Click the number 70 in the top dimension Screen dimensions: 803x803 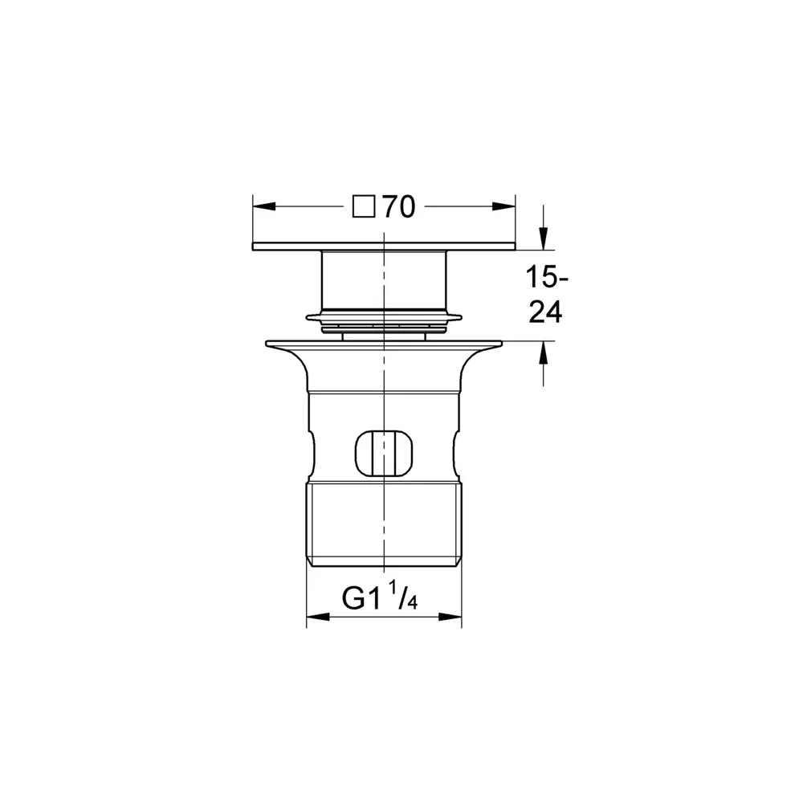point(399,207)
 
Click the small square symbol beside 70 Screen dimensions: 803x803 point(364,207)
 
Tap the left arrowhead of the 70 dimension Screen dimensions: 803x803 point(264,206)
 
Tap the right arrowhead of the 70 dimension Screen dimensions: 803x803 point(504,206)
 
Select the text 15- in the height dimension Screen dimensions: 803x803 point(547,278)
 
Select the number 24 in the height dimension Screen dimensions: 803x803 point(545,312)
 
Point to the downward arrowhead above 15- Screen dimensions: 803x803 point(544,238)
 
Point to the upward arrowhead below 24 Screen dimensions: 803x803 point(544,353)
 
